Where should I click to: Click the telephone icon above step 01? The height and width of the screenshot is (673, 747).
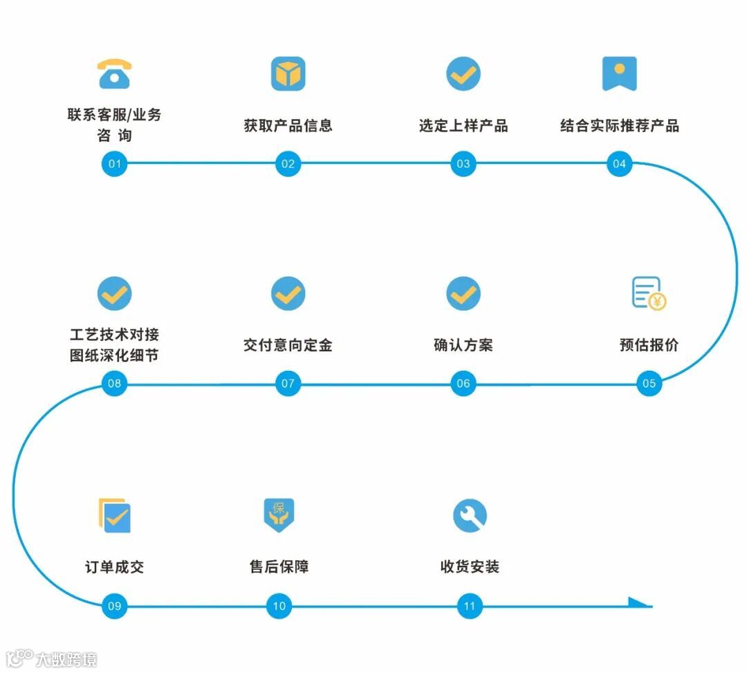(x=115, y=74)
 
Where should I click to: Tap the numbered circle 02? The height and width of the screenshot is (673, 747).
(x=288, y=164)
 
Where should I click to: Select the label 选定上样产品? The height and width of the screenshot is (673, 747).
(x=463, y=126)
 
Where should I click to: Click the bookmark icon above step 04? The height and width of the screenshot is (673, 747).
(x=619, y=73)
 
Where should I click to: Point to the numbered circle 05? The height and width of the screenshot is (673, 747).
(x=649, y=383)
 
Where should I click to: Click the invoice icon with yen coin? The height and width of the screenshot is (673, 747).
(x=649, y=293)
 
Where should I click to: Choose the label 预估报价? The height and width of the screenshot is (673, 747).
(x=649, y=344)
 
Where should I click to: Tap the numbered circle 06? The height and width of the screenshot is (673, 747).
(x=463, y=383)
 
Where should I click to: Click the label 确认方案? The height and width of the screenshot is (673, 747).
(x=463, y=344)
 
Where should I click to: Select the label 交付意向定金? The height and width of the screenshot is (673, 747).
(x=288, y=344)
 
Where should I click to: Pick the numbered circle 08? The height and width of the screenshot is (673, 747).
(x=115, y=383)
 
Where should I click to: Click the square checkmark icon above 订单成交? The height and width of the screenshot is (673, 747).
(x=115, y=515)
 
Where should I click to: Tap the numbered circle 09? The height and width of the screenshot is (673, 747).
(x=115, y=607)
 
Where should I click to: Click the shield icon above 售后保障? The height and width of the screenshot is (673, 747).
(x=279, y=515)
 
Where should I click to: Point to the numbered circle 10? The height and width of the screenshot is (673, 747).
(x=279, y=607)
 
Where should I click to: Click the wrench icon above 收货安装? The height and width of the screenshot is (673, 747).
(x=470, y=515)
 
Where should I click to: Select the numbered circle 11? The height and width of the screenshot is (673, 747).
(x=470, y=607)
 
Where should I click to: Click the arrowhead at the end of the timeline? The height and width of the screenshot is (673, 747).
(x=640, y=603)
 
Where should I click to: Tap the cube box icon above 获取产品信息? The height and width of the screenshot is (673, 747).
(x=288, y=74)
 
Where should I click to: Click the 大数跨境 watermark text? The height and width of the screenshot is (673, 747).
(x=66, y=659)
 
